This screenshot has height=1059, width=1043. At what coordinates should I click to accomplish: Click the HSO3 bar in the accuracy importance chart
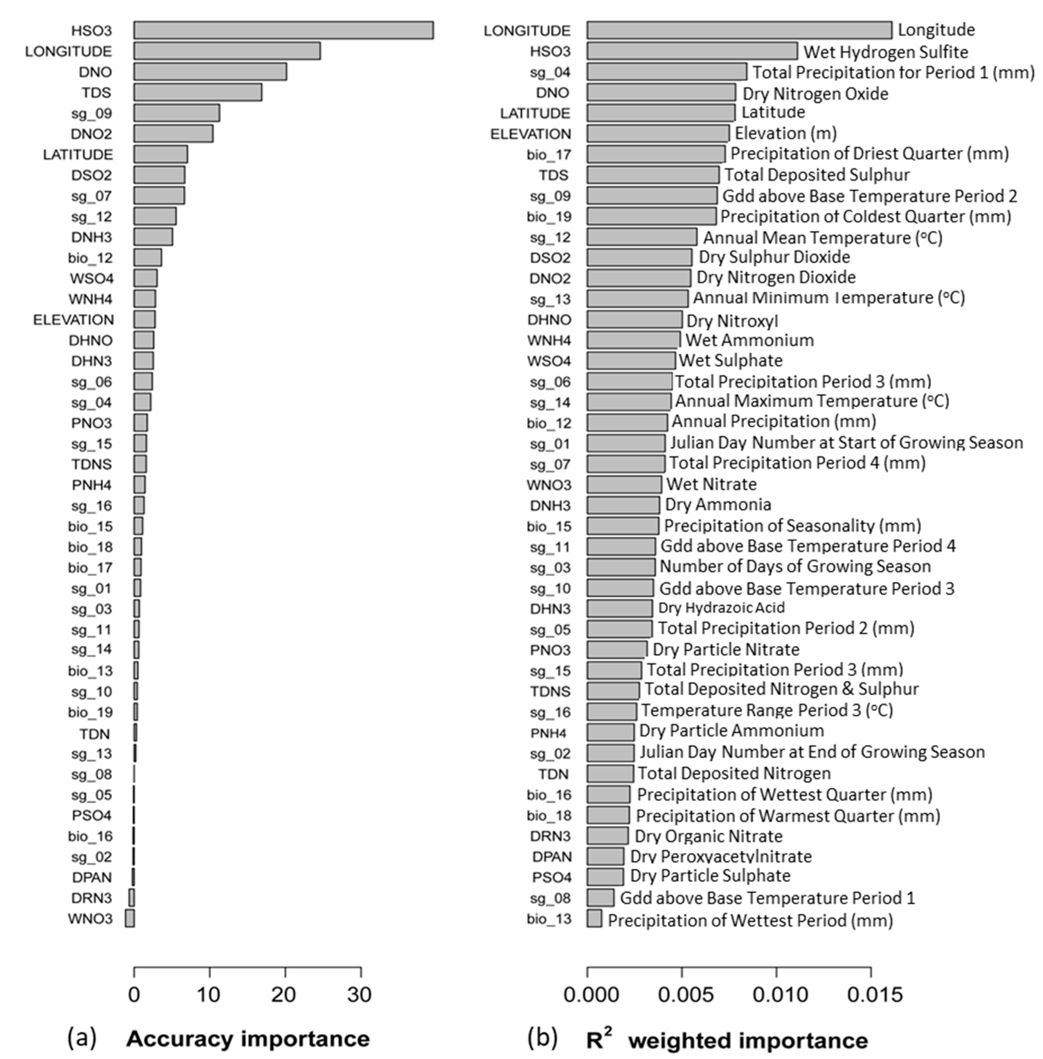tap(283, 30)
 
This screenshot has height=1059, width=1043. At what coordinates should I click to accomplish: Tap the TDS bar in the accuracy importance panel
tap(198, 93)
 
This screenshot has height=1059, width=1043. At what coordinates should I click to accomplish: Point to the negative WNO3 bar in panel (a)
tap(130, 918)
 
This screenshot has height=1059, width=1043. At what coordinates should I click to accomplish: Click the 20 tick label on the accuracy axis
tap(284, 995)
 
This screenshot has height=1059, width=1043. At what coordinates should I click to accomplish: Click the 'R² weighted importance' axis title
tap(727, 1039)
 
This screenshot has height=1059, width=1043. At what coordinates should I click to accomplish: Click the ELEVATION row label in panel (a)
tap(73, 319)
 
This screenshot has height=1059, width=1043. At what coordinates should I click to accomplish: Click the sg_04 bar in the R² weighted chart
tap(667, 72)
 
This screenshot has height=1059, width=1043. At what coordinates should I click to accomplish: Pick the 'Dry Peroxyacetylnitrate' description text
tap(721, 856)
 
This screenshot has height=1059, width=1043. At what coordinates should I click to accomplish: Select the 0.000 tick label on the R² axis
tap(591, 995)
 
